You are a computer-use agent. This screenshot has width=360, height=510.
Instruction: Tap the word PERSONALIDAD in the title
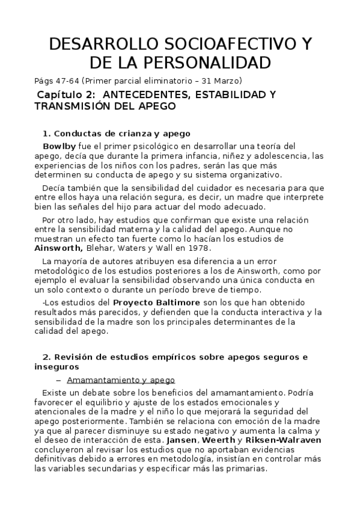point(204,63)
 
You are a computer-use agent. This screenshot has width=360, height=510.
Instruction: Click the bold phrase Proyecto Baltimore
point(164,301)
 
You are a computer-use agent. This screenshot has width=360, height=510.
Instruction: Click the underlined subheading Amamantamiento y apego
point(121,380)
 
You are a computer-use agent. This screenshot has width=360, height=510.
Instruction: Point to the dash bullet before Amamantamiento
point(58,380)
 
